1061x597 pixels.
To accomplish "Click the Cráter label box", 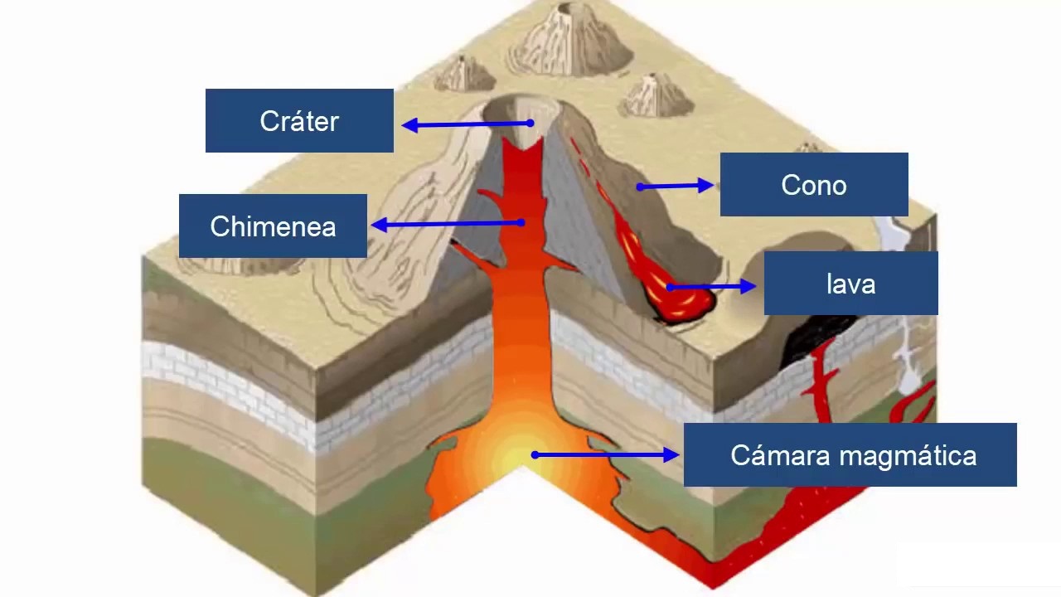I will (299, 121).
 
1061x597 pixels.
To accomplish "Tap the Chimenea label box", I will (273, 226).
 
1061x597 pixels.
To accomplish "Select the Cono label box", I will (814, 185).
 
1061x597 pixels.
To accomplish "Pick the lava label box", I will (850, 284).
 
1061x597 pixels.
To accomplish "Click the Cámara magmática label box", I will (850, 454).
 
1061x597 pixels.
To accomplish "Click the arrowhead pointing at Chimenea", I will (379, 224).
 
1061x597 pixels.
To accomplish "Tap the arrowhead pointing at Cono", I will (706, 186).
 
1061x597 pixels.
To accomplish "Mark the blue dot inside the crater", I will (530, 123).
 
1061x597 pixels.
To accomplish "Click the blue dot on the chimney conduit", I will (521, 222).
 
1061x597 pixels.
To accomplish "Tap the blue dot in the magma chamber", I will (535, 454).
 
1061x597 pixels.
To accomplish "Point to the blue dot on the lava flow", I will (668, 287).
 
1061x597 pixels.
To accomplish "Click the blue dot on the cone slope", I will (640, 187).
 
